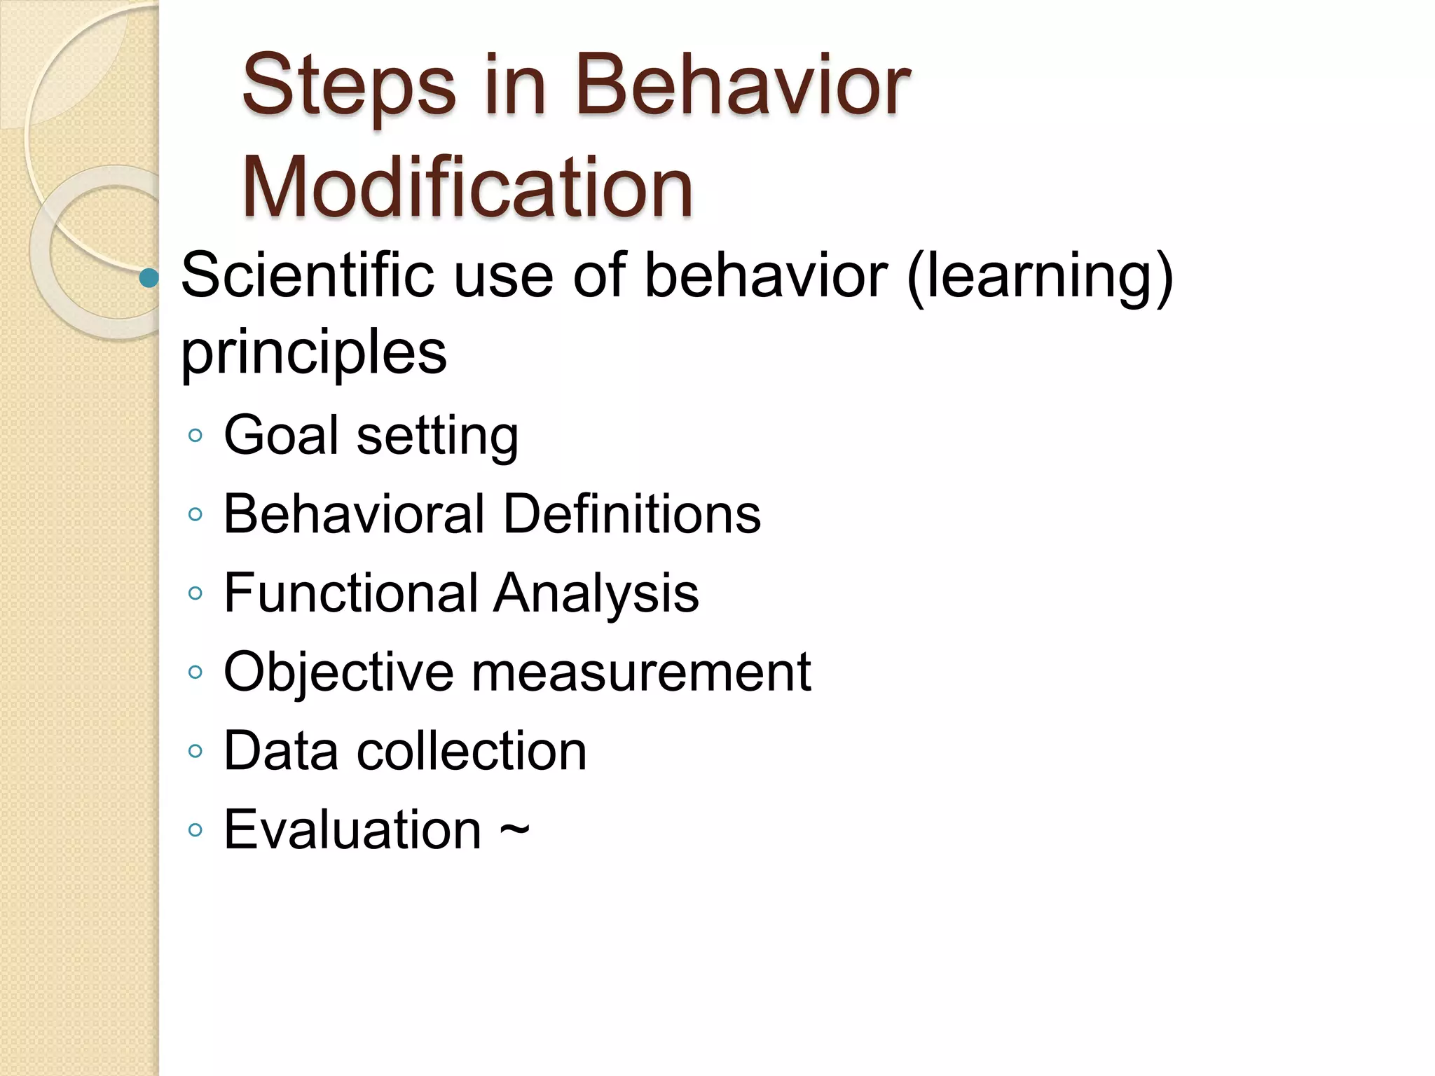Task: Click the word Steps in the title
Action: pos(348,88)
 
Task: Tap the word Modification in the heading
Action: pos(467,188)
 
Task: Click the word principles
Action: pos(313,352)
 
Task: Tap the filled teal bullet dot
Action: pos(149,278)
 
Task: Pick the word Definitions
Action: pos(632,514)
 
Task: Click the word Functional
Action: pos(350,593)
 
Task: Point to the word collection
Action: pos(472,751)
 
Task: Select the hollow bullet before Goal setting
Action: pos(195,436)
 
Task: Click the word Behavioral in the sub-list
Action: pos(354,514)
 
